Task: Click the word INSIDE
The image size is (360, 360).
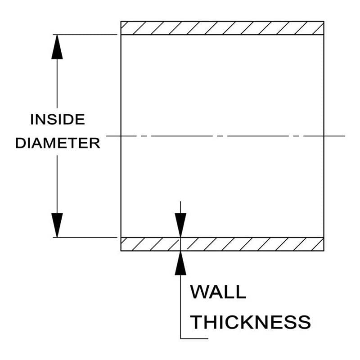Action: coord(58,119)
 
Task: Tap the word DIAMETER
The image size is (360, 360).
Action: coord(58,143)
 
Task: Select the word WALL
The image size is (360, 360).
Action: coord(218,292)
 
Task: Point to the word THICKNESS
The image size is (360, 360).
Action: coord(251,322)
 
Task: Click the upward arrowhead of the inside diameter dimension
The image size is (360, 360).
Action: coord(57,47)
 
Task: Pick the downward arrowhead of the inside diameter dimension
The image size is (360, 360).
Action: coord(57,225)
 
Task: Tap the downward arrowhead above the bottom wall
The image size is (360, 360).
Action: coord(180,225)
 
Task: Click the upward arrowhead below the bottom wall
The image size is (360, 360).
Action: coord(180,263)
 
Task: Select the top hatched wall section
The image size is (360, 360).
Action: coord(222,28)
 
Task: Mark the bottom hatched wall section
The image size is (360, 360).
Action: coord(222,244)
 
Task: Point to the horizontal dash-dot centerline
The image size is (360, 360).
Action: coord(225,136)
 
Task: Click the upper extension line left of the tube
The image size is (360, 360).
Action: coord(85,35)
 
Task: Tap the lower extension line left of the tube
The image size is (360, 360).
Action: coord(85,238)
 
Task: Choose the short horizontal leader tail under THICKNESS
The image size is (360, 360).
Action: coord(194,338)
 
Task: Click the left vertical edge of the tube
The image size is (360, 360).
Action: coord(121,136)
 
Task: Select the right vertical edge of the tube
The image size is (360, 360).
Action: coord(324,136)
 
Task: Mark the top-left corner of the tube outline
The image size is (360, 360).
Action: coord(121,21)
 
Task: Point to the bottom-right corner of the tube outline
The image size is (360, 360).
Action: coord(324,251)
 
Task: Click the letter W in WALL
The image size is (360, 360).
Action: coord(199,292)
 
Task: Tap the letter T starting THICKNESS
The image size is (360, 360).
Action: coord(197,322)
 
